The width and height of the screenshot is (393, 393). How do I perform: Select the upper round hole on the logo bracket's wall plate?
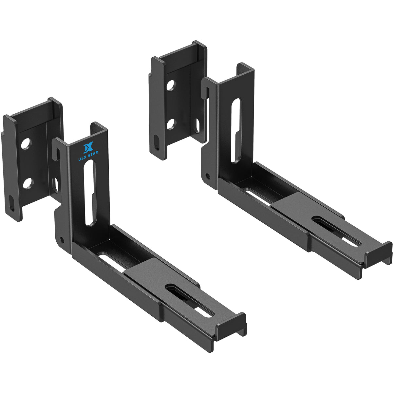pyautogui.click(x=26, y=143)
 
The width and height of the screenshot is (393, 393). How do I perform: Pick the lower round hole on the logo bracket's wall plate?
pyautogui.click(x=28, y=184)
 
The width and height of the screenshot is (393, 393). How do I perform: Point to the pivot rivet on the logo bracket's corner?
pyautogui.click(x=62, y=238)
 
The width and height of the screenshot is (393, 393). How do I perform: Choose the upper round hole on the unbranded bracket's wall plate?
pyautogui.click(x=170, y=85)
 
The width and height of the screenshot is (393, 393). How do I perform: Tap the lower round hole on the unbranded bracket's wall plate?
pyautogui.click(x=171, y=124)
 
